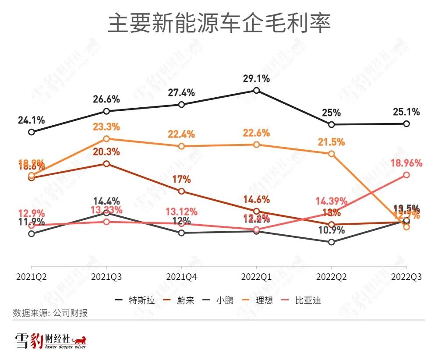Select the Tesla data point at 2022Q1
[x=257, y=91]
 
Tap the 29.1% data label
[x=257, y=79]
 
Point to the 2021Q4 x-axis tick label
[x=181, y=277]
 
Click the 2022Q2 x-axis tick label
[x=332, y=277]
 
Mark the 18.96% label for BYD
[x=406, y=163]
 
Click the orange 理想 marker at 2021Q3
[x=106, y=139]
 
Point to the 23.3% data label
[x=106, y=127]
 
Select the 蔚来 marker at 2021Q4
[x=181, y=191]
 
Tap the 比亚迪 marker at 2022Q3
[x=406, y=175]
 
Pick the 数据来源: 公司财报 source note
[x=50, y=313]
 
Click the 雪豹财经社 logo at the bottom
[x=51, y=341]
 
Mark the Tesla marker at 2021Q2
[x=32, y=132]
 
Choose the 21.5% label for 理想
[x=332, y=142]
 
